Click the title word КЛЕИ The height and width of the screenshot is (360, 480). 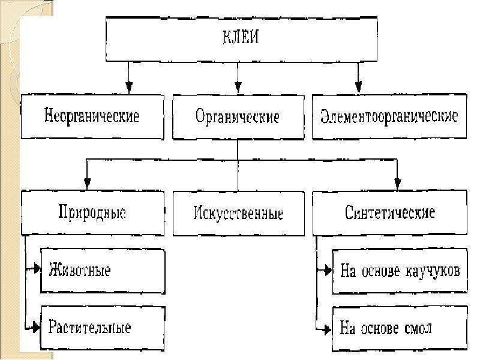[x=241, y=37]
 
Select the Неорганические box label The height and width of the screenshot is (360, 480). [x=92, y=116]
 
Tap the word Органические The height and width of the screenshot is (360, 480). [x=238, y=116]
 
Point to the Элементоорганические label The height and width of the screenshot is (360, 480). [x=389, y=116]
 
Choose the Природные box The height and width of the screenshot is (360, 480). [x=92, y=213]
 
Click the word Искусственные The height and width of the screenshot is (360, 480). [x=238, y=213]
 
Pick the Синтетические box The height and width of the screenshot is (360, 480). [x=389, y=213]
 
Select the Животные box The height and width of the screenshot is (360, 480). [x=103, y=271]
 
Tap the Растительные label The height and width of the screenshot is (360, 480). [x=89, y=328]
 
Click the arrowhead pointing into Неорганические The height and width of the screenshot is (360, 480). [x=129, y=87]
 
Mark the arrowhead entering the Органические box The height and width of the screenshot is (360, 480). [x=238, y=87]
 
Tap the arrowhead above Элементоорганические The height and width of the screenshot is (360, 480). [x=358, y=87]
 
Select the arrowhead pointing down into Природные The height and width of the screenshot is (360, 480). [x=87, y=184]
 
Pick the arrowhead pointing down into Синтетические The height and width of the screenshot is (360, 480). [x=397, y=184]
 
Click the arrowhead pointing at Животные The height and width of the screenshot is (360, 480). [x=37, y=268]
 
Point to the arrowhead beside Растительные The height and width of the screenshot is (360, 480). [x=36, y=327]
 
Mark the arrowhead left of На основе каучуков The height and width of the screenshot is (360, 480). [x=328, y=270]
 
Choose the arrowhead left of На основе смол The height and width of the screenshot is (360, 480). [x=327, y=329]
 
